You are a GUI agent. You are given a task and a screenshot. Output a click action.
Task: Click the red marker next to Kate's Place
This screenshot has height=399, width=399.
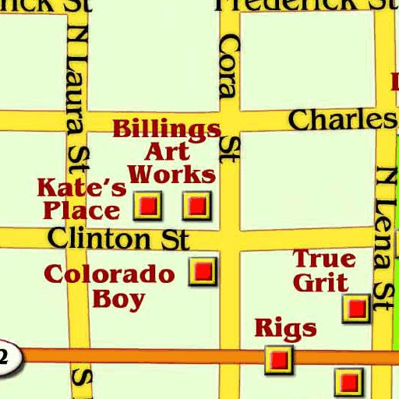coord(147,206)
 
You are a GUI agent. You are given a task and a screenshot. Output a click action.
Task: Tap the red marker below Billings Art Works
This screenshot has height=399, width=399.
coord(197,205)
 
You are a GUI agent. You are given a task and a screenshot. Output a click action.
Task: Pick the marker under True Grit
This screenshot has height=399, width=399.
coord(357,309)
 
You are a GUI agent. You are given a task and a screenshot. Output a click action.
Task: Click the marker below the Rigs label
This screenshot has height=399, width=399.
coord(278,359)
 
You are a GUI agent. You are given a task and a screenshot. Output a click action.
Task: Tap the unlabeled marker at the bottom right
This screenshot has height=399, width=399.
coord(348,382)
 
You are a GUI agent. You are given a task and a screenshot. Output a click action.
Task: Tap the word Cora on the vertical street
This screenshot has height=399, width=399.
coord(227,69)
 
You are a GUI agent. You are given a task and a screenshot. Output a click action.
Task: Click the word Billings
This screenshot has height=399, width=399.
coord(166,129)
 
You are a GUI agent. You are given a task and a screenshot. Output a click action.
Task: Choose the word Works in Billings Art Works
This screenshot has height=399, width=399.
coord(171,173)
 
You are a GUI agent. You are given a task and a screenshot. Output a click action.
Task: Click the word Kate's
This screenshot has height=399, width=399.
coord(82,188)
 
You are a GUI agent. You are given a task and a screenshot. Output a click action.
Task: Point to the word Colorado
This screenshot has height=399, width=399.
coord(109,274)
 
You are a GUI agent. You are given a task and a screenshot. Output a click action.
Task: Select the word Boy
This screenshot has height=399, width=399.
coord(118,299)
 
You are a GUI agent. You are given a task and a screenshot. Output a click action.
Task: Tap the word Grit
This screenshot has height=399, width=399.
coord(320,281)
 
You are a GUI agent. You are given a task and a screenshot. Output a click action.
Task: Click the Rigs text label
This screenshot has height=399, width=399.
coord(285,328)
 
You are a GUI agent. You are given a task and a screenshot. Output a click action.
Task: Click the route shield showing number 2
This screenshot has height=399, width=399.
coord(6,358)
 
